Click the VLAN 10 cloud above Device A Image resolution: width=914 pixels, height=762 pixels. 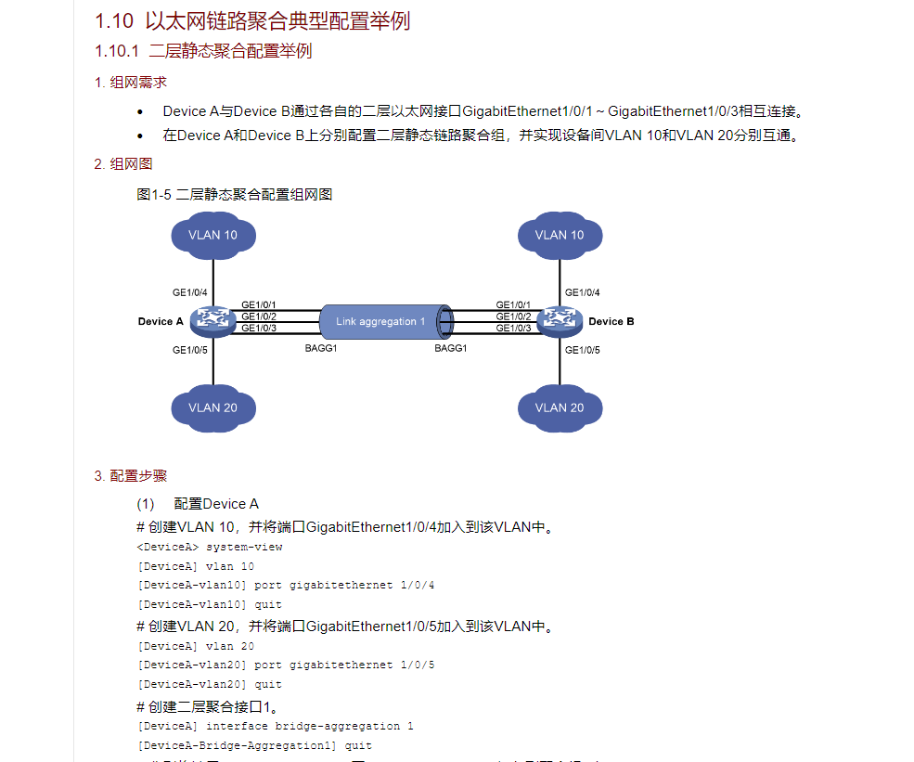pyautogui.click(x=212, y=235)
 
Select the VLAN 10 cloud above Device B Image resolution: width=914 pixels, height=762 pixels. pyautogui.click(x=560, y=235)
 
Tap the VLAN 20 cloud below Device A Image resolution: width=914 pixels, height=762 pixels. pyautogui.click(x=212, y=407)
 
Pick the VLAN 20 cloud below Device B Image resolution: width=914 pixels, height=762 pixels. pyautogui.click(x=560, y=407)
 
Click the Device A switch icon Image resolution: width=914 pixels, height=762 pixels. pyautogui.click(x=212, y=321)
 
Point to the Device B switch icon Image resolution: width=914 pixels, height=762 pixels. pyautogui.click(x=560, y=321)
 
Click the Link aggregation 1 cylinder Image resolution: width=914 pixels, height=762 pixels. pyautogui.click(x=385, y=321)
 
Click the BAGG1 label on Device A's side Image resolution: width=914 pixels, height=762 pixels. pyautogui.click(x=320, y=348)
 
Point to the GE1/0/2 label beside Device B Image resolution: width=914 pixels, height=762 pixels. pyautogui.click(x=513, y=316)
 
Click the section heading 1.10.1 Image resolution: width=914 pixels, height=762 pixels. pyautogui.click(x=203, y=51)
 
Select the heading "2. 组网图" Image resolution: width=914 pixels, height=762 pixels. pyautogui.click(x=123, y=164)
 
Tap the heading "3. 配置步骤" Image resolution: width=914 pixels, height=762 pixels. pyautogui.click(x=131, y=476)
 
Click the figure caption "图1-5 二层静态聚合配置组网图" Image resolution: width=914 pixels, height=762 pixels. pyautogui.click(x=234, y=195)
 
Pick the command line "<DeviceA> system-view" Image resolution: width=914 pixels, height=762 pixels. pyautogui.click(x=209, y=547)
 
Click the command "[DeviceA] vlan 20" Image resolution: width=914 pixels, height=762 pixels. pyautogui.click(x=195, y=646)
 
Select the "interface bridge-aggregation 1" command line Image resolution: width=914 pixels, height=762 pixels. pyautogui.click(x=275, y=726)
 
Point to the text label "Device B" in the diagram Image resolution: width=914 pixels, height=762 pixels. pyautogui.click(x=611, y=322)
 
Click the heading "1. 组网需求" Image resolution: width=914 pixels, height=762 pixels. pyautogui.click(x=131, y=83)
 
